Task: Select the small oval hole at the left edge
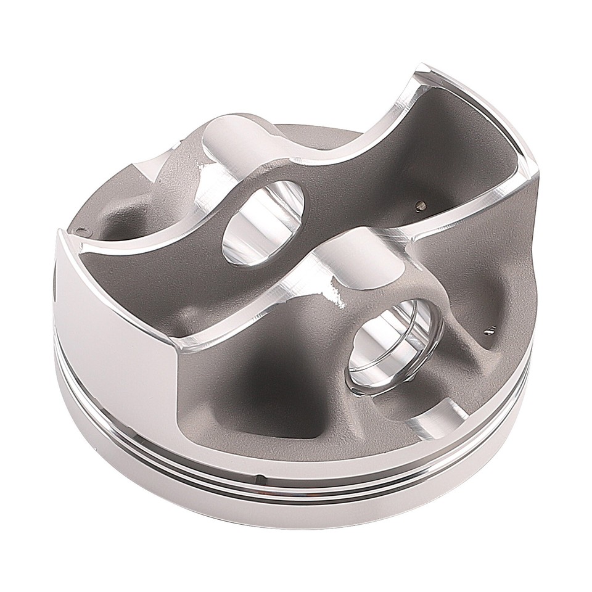click(x=80, y=231)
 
